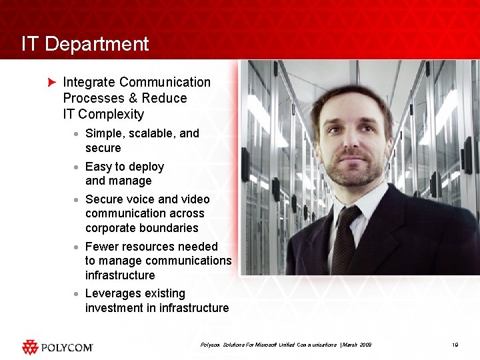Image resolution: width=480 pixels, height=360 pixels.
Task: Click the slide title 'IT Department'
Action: point(85,44)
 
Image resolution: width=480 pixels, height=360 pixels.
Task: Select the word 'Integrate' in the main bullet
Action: point(89,83)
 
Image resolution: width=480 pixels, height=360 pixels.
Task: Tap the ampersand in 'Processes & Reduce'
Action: point(132,98)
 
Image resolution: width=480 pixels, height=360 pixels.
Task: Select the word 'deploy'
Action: point(146,167)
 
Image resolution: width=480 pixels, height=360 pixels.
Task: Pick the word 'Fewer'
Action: point(101,247)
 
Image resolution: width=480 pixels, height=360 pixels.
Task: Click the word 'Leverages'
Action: point(112,293)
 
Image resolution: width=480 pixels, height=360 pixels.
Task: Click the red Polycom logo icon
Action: point(30,347)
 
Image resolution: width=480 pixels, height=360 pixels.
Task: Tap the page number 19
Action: point(455,345)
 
